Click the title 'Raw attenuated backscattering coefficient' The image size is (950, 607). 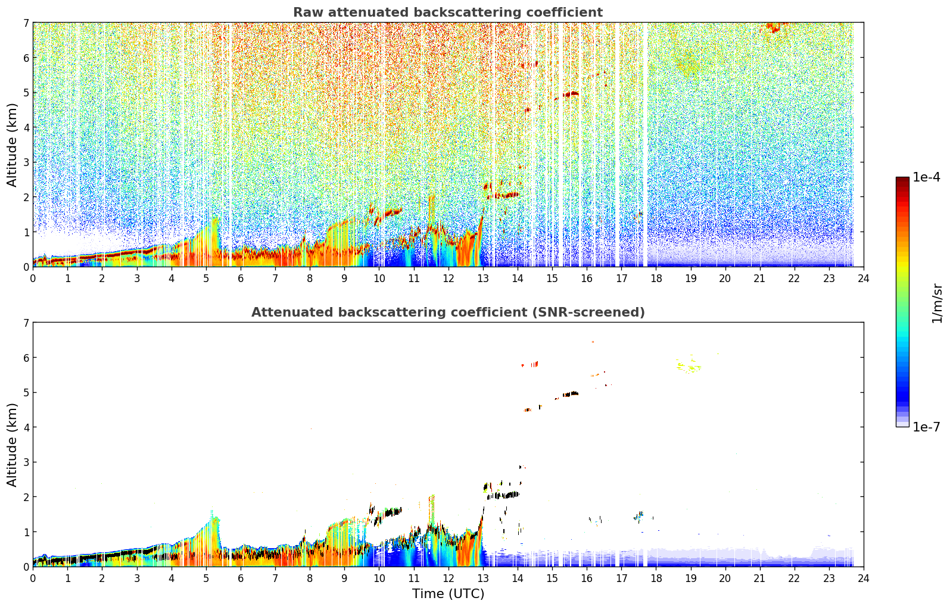click(x=448, y=12)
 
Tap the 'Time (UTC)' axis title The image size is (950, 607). click(x=448, y=594)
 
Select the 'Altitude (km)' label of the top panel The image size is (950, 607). click(x=12, y=145)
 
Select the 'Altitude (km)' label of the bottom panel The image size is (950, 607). click(x=12, y=445)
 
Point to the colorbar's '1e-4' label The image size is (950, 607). click(x=926, y=177)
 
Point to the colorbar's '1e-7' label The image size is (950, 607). click(x=926, y=427)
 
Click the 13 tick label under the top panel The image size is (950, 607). click(x=482, y=279)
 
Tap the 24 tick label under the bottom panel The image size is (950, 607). click(x=864, y=578)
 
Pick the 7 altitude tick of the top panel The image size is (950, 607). click(x=26, y=23)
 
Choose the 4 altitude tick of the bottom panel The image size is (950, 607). click(x=26, y=427)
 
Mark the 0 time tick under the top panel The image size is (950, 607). click(x=33, y=279)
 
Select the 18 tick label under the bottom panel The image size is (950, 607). click(x=656, y=578)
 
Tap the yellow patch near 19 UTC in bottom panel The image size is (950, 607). click(x=689, y=366)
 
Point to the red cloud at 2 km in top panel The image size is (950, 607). click(x=503, y=195)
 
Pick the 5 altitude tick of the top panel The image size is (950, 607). click(x=26, y=92)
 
